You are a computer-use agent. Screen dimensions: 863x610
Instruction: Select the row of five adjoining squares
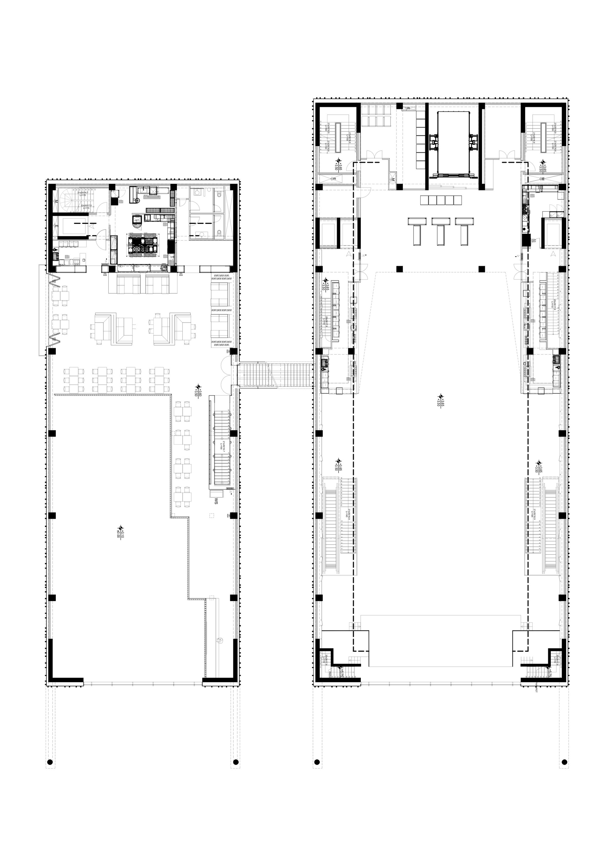pos(441,200)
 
